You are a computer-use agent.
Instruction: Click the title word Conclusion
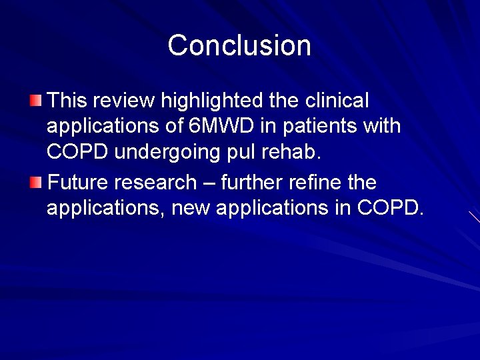[x=239, y=45]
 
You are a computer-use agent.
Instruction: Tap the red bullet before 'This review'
[x=35, y=101]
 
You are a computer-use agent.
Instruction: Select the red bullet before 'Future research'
[x=35, y=182]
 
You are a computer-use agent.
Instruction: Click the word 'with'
[x=381, y=126]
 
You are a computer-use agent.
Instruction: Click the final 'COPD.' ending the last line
[x=391, y=207]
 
